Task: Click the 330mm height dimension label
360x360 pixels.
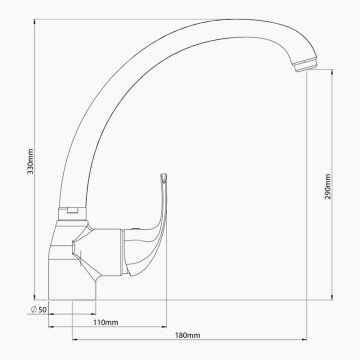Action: pos(31,161)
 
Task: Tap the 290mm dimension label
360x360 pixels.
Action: pos(328,186)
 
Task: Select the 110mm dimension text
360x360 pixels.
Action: pos(106,322)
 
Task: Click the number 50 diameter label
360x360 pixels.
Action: pos(42,310)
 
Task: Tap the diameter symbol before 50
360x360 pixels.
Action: pos(34,309)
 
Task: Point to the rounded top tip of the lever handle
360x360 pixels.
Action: pos(163,176)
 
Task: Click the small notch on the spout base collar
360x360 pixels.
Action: pos(72,210)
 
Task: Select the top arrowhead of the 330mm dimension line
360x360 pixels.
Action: pos(35,22)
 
